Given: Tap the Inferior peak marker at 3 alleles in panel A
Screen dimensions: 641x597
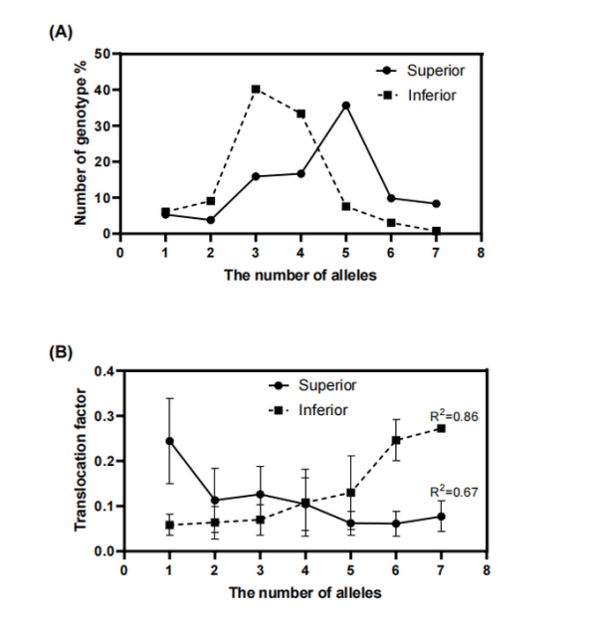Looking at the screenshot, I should coord(256,90).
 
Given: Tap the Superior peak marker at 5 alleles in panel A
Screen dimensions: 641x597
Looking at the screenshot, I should coord(345,106).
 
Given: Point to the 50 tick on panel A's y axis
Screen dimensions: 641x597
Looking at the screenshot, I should coord(101,53).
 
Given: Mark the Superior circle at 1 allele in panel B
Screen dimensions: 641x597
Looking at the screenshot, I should coord(169,441).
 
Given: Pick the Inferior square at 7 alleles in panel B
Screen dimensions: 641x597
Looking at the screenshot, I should coord(440,428).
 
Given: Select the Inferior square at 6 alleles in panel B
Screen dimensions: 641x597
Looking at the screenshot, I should coord(395,440).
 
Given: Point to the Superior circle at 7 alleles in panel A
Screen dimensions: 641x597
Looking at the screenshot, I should coord(436,204).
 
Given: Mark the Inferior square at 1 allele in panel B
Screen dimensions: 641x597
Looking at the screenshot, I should coord(169,525).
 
